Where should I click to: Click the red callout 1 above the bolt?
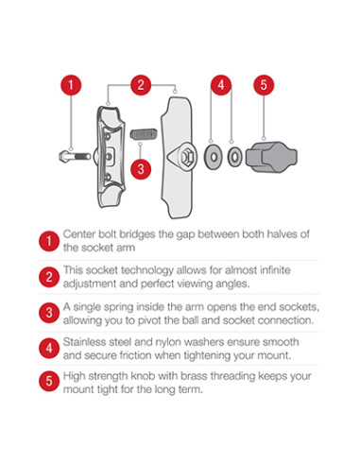point(71,85)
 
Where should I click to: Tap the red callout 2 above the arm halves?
point(141,85)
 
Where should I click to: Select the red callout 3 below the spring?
point(141,169)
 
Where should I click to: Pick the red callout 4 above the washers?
point(221,85)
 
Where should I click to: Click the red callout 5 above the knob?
point(264,85)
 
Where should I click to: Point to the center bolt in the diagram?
point(75,156)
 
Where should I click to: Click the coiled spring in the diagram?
point(144,134)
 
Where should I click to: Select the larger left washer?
point(214,157)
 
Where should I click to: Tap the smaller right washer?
point(235,157)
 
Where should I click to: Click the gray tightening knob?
point(271,157)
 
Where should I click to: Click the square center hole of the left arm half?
point(109,156)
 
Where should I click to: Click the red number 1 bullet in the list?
point(49,241)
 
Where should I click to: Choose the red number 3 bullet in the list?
point(49,313)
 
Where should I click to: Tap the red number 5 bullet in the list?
point(49,381)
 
